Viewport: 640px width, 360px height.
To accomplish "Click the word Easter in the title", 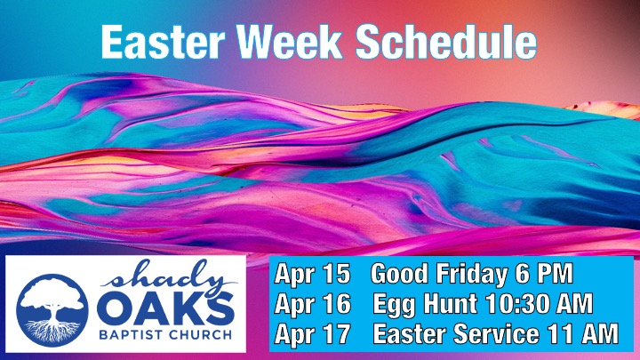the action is pyautogui.click(x=163, y=42).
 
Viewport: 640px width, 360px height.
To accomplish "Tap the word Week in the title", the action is pyautogui.click(x=290, y=42).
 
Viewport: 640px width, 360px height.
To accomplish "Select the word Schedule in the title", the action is pyautogui.click(x=445, y=41).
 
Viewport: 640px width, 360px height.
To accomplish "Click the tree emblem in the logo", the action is pyautogui.click(x=52, y=310).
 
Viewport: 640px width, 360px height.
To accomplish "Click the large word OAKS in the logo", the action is pyautogui.click(x=165, y=308).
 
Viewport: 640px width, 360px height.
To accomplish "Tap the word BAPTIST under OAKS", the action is pyautogui.click(x=132, y=335).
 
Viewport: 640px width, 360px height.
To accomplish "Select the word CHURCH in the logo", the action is pyautogui.click(x=200, y=335).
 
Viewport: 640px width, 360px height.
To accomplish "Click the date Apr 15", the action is pyautogui.click(x=312, y=274).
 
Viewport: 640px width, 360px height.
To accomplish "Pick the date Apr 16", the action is pyautogui.click(x=312, y=304).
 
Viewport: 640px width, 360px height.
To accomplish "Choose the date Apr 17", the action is pyautogui.click(x=312, y=334).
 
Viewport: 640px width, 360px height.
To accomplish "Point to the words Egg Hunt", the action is pyautogui.click(x=425, y=305).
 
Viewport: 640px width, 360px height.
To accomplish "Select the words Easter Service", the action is pyautogui.click(x=456, y=334).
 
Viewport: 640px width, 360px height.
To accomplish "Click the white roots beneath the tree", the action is pyautogui.click(x=52, y=331).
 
